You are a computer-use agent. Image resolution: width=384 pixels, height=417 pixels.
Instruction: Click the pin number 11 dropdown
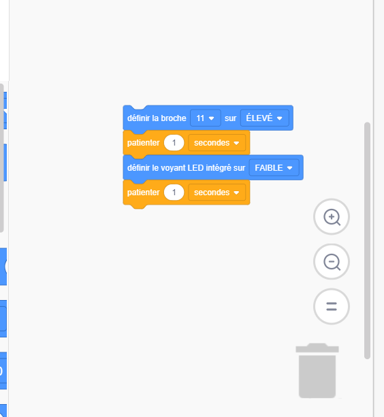(x=206, y=118)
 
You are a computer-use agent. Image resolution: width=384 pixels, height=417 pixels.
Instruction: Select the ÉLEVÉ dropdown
(x=265, y=118)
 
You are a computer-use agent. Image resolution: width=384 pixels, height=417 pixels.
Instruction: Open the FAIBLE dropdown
(x=274, y=168)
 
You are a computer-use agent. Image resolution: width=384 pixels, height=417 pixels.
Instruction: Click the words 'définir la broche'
(x=157, y=118)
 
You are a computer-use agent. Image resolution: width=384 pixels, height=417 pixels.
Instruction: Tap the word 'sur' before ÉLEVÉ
(x=230, y=118)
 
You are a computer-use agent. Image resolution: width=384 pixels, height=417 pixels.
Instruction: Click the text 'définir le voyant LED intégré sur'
(x=186, y=168)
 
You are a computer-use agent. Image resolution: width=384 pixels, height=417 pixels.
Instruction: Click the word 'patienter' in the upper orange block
(x=144, y=143)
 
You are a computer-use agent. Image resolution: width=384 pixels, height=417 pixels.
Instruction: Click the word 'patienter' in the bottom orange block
(x=144, y=193)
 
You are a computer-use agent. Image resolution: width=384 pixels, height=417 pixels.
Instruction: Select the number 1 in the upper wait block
(x=174, y=143)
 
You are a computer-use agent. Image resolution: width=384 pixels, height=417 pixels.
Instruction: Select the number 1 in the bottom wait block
(x=174, y=193)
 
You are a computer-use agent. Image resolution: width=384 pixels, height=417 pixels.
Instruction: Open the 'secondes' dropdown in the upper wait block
(x=217, y=143)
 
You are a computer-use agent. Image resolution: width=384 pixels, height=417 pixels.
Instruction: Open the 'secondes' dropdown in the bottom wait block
(x=217, y=193)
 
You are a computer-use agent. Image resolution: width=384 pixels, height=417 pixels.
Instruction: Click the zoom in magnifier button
(x=332, y=217)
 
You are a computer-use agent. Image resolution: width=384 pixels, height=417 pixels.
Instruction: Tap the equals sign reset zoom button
(x=332, y=306)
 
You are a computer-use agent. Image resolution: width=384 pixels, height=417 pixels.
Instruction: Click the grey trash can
(x=317, y=371)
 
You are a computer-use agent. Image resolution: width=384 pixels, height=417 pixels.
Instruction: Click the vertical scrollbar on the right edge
(x=367, y=241)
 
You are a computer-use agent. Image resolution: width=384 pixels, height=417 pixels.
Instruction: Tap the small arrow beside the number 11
(x=212, y=118)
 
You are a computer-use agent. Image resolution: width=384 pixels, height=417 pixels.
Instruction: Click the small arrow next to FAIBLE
(x=290, y=168)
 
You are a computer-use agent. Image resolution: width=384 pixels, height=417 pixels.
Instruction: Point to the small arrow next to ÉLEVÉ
(x=279, y=118)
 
